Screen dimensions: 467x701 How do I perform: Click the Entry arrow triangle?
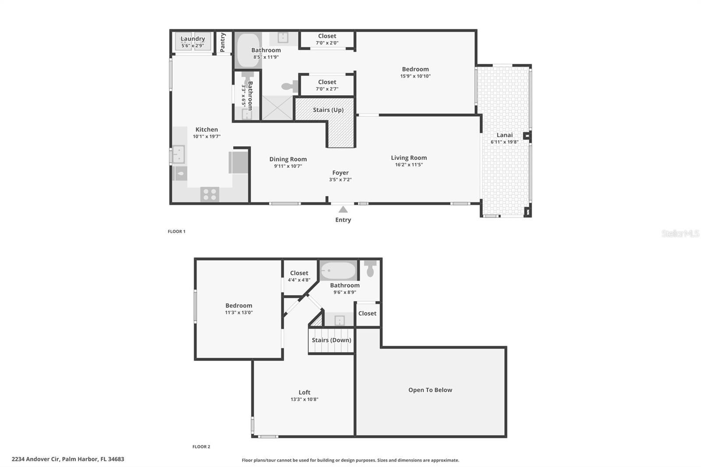[x=343, y=209]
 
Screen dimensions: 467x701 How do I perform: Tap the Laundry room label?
[x=193, y=39]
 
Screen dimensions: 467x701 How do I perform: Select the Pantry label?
[x=223, y=42]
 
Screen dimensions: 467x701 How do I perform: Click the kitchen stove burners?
[x=209, y=194]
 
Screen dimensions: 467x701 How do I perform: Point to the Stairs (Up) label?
[x=328, y=110]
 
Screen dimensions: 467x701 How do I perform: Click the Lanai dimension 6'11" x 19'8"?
[x=504, y=142]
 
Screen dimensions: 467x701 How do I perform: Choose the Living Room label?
[x=409, y=158]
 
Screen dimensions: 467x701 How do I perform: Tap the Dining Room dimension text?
[x=288, y=166]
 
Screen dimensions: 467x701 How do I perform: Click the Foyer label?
[x=340, y=173]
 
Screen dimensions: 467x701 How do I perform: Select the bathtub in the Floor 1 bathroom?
[x=248, y=50]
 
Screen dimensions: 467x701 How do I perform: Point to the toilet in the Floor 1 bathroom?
[x=289, y=86]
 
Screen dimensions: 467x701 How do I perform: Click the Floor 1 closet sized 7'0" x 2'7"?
[x=327, y=85]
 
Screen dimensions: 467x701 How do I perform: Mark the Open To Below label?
[x=430, y=390]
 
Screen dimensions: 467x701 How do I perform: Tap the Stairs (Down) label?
[x=331, y=340]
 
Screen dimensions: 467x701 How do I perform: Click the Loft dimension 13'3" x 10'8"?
[x=304, y=399]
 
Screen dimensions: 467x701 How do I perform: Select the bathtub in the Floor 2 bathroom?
[x=338, y=271]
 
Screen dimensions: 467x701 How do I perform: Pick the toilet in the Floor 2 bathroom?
[x=371, y=269]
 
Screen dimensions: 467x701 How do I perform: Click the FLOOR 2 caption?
[x=201, y=447]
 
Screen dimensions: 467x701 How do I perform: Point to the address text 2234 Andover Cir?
[x=35, y=459]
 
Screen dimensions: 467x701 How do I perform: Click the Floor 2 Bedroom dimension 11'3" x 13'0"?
[x=239, y=312]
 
